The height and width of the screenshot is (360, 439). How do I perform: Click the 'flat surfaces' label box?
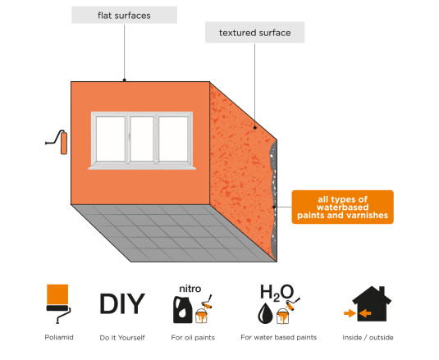click(x=124, y=15)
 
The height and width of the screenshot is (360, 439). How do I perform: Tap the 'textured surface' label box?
click(x=254, y=33)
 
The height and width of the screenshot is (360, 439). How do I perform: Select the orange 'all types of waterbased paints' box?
click(x=342, y=207)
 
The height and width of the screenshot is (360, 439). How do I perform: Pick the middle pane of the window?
click(x=142, y=139)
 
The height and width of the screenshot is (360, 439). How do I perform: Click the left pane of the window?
click(x=110, y=139)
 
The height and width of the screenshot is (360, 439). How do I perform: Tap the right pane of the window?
click(x=173, y=139)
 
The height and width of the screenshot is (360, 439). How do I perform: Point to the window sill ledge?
click(x=142, y=168)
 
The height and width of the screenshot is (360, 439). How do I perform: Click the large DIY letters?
click(x=122, y=303)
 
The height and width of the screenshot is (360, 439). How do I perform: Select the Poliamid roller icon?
click(x=58, y=303)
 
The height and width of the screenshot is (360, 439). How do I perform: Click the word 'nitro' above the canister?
click(x=190, y=289)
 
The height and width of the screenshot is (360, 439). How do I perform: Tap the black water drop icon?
click(x=265, y=313)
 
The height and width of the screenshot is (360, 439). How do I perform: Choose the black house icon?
click(x=372, y=303)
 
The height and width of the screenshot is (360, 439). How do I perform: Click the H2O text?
click(x=277, y=292)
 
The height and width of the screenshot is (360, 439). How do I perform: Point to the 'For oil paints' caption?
click(x=193, y=338)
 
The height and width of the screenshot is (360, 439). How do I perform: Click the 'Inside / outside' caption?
click(x=368, y=338)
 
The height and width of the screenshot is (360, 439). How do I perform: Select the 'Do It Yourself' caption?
click(x=122, y=338)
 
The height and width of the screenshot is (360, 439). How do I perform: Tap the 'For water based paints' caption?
click(x=278, y=337)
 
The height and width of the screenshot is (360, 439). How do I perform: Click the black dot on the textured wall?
click(x=254, y=128)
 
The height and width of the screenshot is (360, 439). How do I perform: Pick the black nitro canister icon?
click(x=182, y=310)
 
